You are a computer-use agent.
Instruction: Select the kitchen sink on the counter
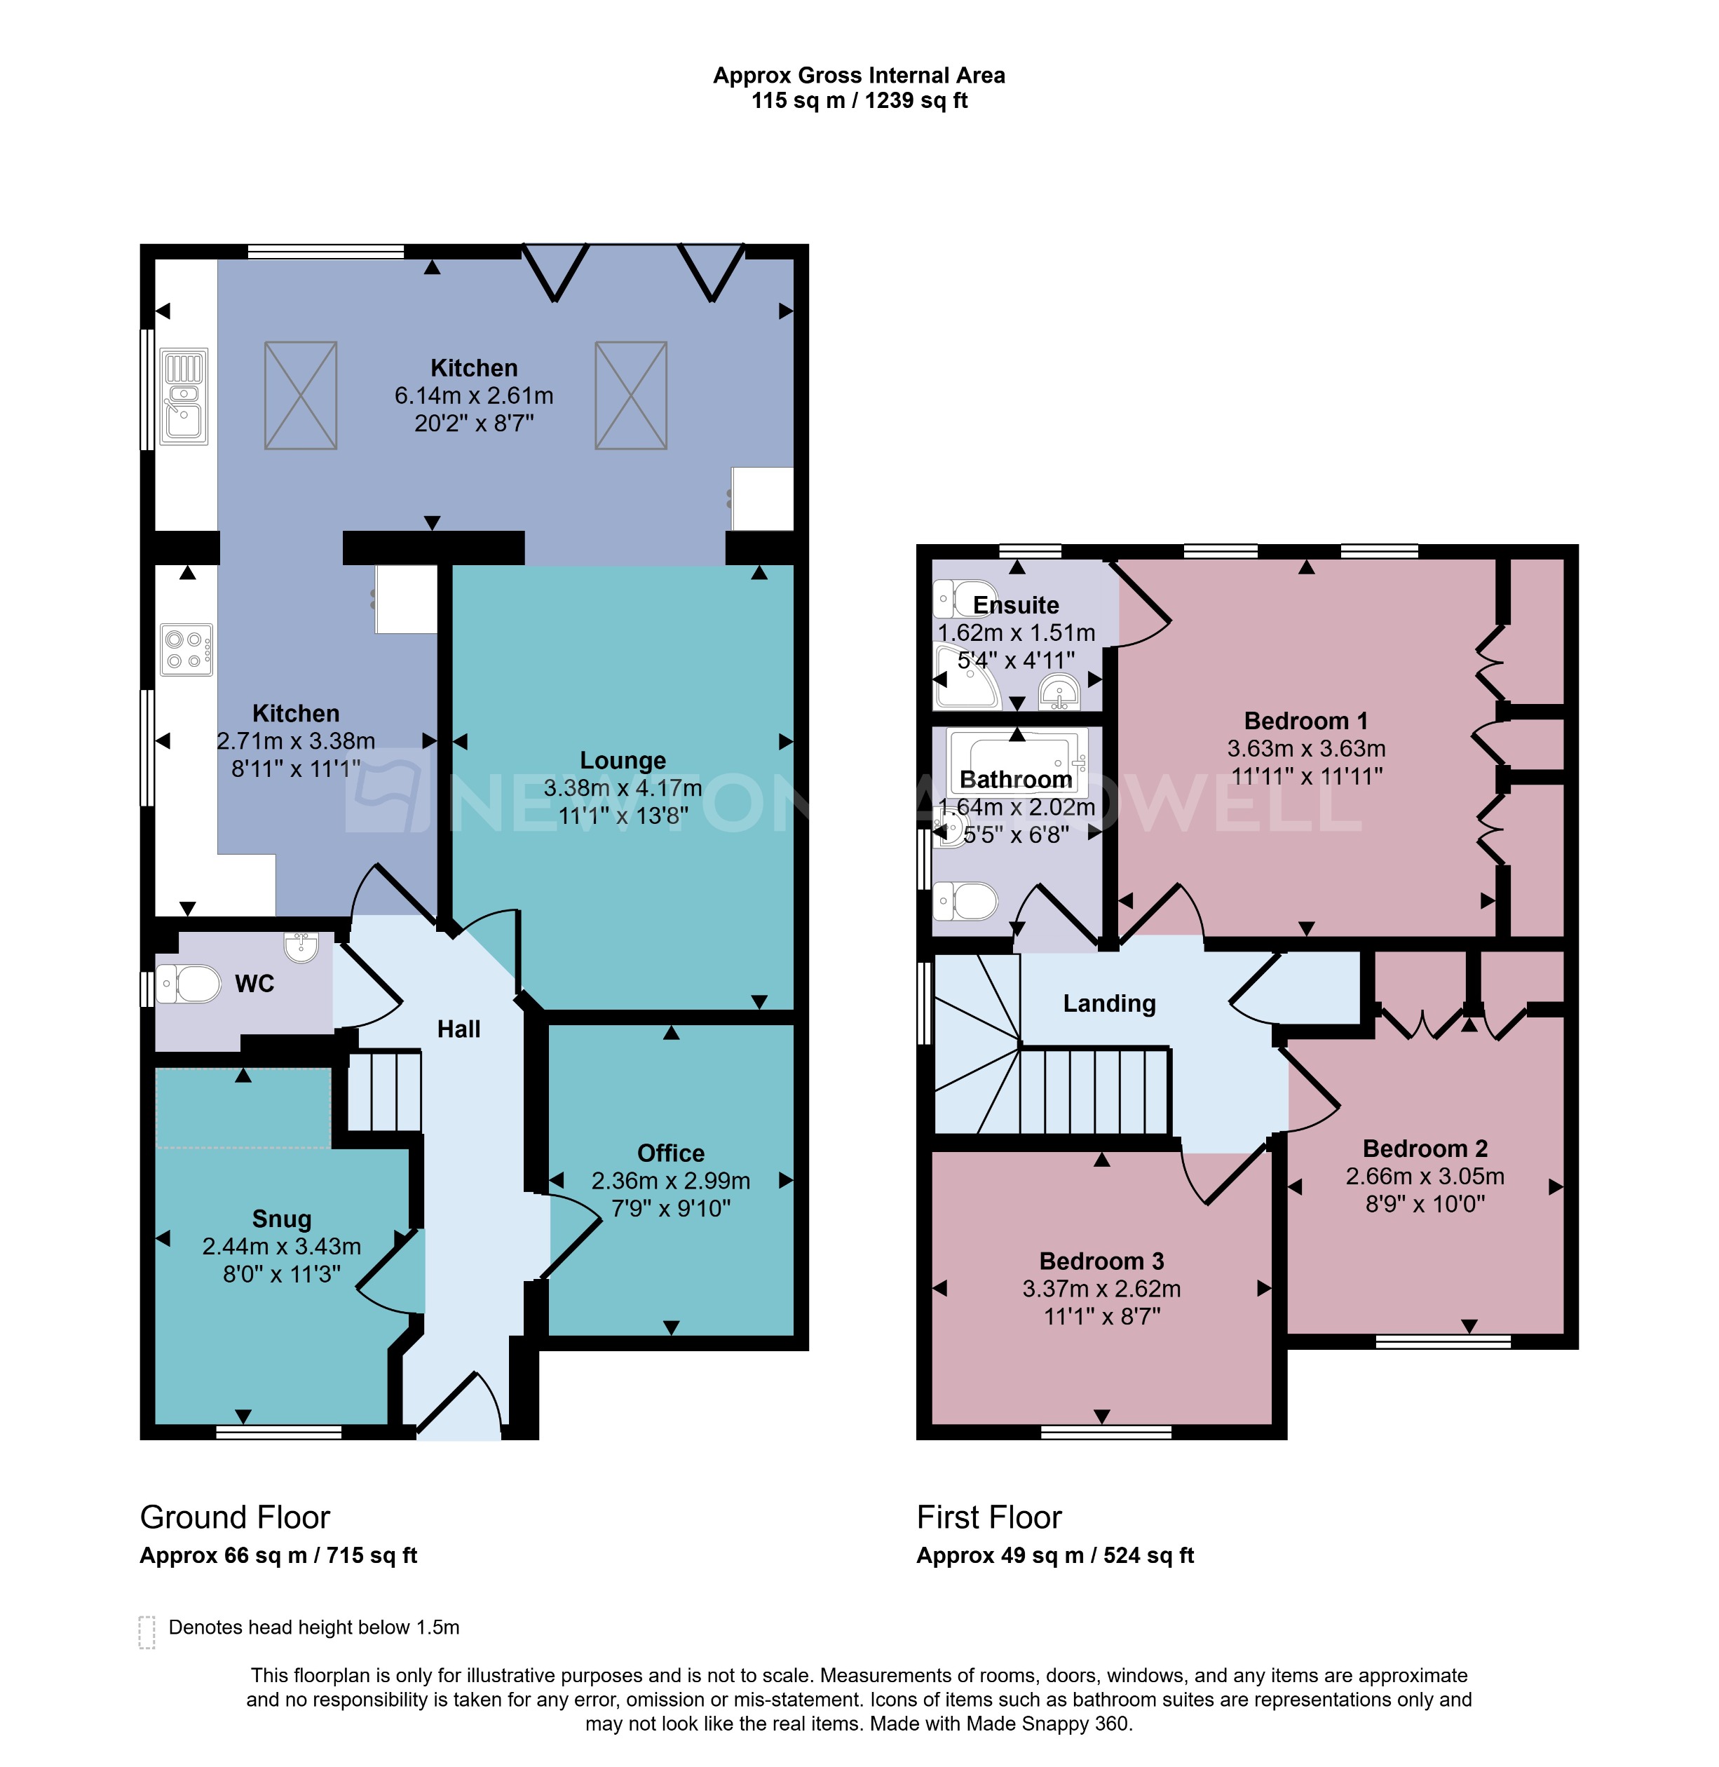coord(184,398)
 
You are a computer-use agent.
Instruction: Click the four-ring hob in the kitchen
coord(186,649)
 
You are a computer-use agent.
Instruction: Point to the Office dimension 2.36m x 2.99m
coord(670,1180)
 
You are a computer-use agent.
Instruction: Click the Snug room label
coord(282,1219)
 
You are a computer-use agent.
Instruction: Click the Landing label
coord(1108,1003)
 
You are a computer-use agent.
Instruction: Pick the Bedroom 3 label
coord(1101,1261)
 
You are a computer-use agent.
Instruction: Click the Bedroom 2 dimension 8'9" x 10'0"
coord(1424,1203)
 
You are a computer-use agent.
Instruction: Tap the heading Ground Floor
coord(235,1518)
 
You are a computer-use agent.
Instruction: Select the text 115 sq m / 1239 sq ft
coord(859,100)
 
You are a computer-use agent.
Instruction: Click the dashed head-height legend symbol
coord(147,1632)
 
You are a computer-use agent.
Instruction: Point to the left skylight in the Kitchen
coord(301,395)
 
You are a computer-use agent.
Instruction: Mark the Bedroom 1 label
coord(1305,721)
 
